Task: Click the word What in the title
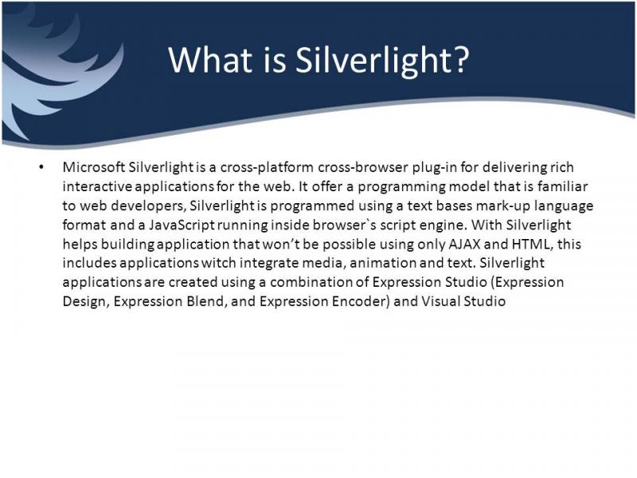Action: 210,60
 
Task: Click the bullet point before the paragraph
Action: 41,167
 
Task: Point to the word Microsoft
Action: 94,167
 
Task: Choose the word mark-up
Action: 503,206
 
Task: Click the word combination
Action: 311,282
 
